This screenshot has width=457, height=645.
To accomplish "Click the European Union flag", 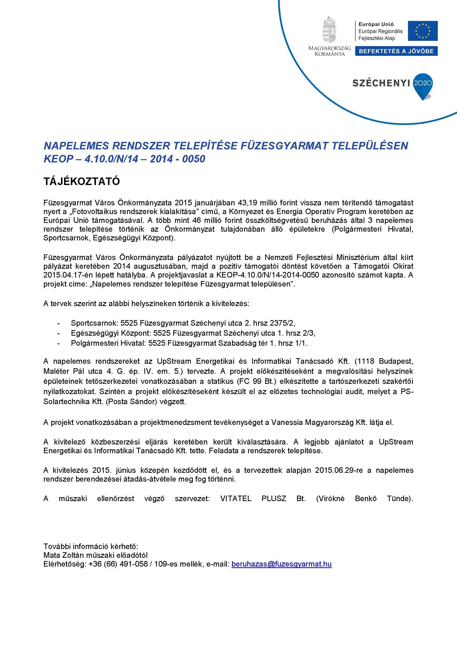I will tap(423, 31).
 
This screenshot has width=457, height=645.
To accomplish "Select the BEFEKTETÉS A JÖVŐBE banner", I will tap(396, 51).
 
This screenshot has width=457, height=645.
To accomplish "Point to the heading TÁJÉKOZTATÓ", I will tap(82, 181).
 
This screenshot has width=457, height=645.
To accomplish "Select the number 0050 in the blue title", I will tap(194, 159).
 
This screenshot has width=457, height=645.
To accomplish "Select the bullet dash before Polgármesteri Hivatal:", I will tap(59, 343).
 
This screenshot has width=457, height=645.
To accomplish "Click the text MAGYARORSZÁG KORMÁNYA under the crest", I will tap(329, 51).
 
